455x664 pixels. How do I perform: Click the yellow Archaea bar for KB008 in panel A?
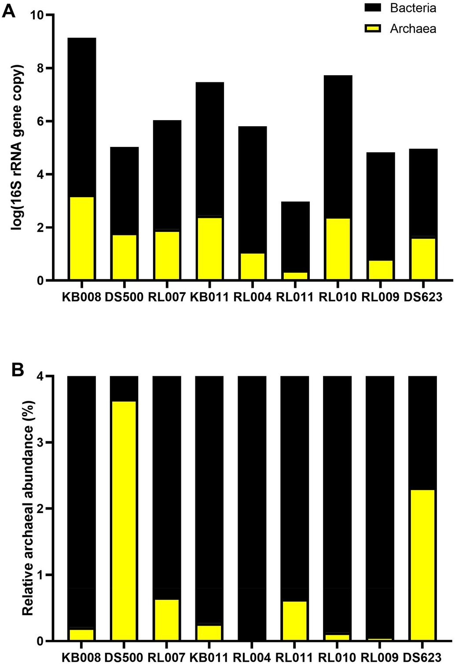pos(81,238)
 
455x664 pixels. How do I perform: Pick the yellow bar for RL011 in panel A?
pos(295,276)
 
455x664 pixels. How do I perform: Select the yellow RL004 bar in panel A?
pos(252,266)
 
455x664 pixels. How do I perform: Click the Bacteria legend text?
pos(413,8)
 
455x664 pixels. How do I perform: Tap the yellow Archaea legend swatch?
pos(373,29)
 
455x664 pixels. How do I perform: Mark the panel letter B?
pos(18,370)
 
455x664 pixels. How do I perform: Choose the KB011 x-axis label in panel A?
pos(209,297)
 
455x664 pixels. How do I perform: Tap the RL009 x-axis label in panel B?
pos(380,658)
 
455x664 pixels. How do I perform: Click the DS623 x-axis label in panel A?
pos(423,297)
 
